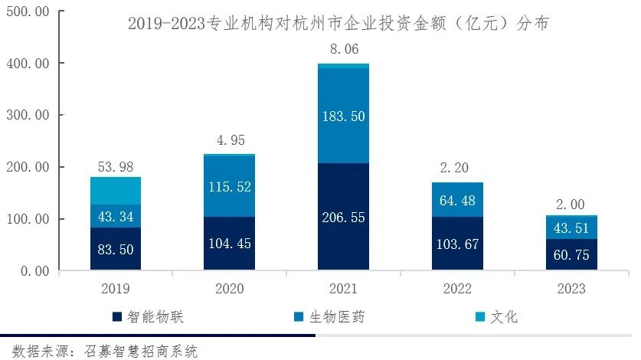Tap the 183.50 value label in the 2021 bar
click(x=344, y=116)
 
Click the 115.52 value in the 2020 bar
click(x=230, y=186)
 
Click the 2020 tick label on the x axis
click(x=230, y=289)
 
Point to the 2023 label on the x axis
click(x=571, y=289)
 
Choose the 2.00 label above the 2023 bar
click(x=571, y=205)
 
